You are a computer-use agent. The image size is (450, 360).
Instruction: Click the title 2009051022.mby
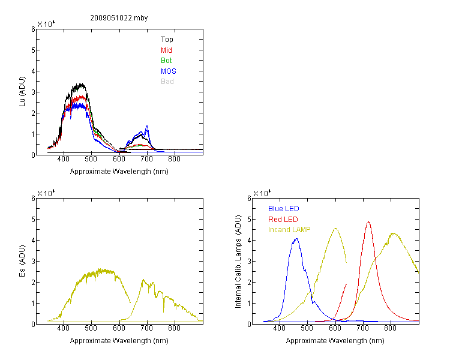point(119,18)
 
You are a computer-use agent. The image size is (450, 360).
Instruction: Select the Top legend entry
point(167,40)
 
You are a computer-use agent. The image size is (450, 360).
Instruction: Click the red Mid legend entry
point(166,50)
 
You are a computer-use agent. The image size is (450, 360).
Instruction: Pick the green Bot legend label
point(166,61)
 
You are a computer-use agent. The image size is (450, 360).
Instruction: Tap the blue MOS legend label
point(168,71)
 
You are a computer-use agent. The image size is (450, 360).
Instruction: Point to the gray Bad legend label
point(167,82)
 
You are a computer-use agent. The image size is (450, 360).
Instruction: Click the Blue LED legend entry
point(284,209)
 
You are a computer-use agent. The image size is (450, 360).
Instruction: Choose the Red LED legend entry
point(283,220)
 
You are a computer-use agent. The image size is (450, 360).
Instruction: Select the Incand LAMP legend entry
point(289,230)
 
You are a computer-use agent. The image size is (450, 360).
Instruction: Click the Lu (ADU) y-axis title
point(22,92)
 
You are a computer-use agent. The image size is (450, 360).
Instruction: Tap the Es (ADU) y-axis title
point(22,260)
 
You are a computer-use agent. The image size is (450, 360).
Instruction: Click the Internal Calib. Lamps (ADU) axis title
point(238,262)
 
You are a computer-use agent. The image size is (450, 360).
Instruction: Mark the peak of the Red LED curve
point(368,222)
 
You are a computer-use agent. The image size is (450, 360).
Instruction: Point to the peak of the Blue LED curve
point(296,239)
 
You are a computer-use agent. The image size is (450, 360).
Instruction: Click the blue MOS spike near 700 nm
point(147,126)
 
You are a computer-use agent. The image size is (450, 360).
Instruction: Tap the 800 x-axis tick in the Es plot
point(174,328)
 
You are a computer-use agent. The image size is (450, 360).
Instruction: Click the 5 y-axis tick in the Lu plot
point(34,50)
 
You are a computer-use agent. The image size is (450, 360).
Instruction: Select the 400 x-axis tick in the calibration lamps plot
point(279,328)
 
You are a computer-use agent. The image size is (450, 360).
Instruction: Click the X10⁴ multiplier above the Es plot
point(46,193)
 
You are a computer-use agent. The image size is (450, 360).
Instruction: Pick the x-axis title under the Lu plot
point(119,172)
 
